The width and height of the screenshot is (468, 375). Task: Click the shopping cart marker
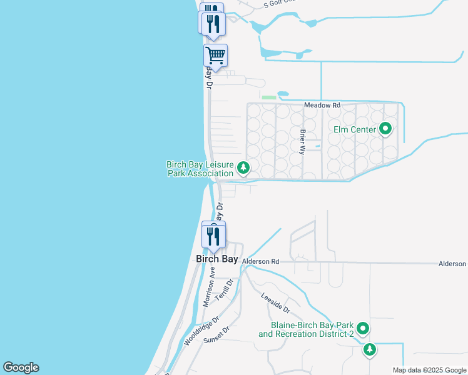click(x=215, y=55)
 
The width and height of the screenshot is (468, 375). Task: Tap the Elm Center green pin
click(x=385, y=129)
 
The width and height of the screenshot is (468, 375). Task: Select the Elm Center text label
click(x=354, y=129)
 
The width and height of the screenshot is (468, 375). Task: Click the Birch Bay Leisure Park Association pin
click(x=243, y=167)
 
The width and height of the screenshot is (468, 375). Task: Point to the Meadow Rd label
click(x=322, y=106)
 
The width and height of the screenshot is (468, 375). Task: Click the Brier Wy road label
click(x=303, y=141)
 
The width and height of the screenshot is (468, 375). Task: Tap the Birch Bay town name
click(x=216, y=259)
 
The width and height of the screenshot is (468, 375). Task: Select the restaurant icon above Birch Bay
click(x=213, y=236)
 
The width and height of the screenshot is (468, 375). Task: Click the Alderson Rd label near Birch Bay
click(x=260, y=261)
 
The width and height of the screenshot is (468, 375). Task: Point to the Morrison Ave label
click(x=210, y=287)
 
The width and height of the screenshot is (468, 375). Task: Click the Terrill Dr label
click(x=224, y=290)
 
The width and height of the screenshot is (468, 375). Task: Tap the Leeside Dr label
click(x=276, y=304)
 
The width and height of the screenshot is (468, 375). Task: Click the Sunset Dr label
click(x=218, y=337)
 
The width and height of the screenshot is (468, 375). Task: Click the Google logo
click(x=21, y=368)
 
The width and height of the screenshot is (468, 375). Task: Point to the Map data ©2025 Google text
click(x=429, y=370)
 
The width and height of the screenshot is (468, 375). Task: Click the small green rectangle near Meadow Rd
click(x=269, y=97)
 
